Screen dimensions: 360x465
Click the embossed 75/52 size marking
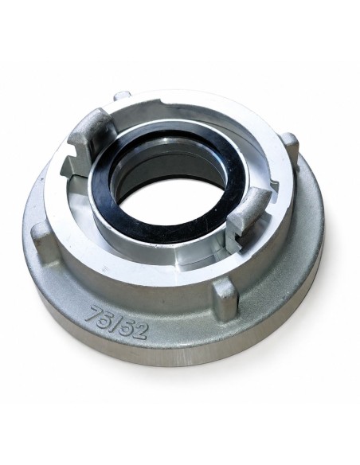click(116, 322)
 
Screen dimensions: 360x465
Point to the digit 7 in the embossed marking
click(92, 313)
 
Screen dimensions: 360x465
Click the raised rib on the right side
click(290, 146)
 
